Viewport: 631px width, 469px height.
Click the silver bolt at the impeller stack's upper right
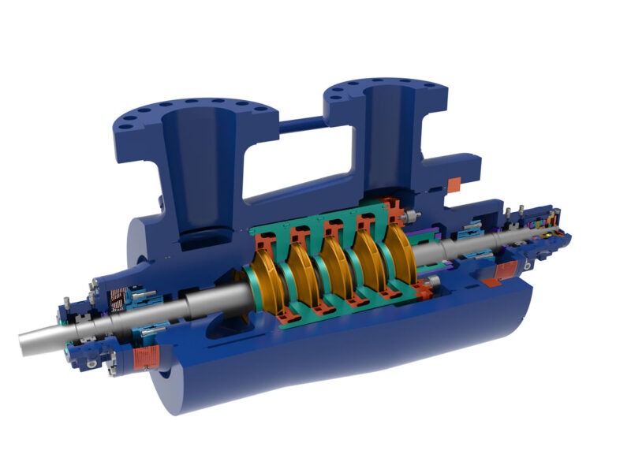click(x=411, y=215)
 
